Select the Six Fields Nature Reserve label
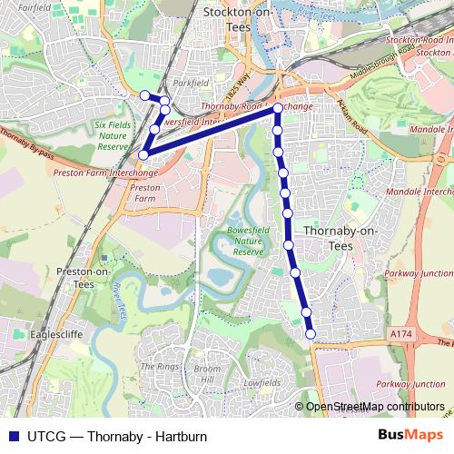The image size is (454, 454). coord(113,133)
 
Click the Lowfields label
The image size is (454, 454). coord(262,383)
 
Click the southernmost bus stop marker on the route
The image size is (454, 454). coord(311,334)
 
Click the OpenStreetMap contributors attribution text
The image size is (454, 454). coord(374,407)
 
